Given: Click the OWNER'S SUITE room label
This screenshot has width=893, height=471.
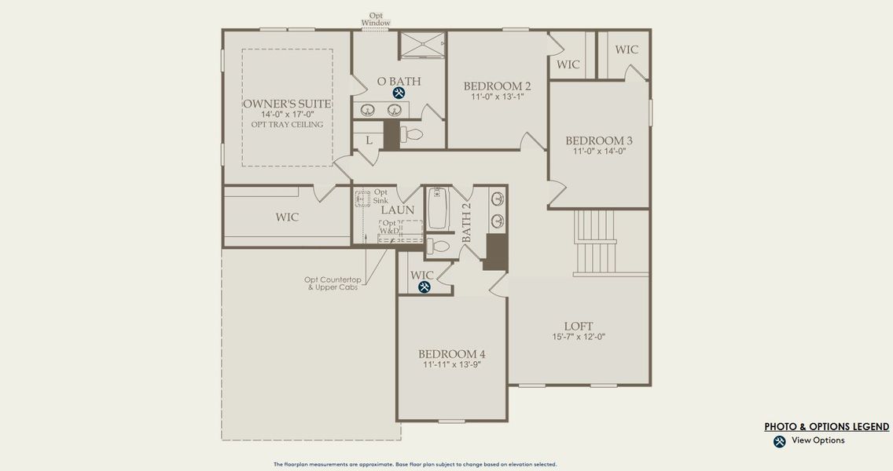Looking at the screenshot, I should [x=286, y=104].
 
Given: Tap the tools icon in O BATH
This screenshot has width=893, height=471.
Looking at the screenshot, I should [x=399, y=93].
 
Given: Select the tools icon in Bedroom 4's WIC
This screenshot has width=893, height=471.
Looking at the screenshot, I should [x=424, y=287].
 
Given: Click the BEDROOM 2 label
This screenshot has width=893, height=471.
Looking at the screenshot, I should [x=497, y=86].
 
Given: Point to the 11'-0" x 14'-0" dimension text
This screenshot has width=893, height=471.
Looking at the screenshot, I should [x=599, y=152].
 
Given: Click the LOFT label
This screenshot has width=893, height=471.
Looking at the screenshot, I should [x=578, y=327].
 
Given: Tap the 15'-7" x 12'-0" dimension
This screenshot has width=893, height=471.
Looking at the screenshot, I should [x=578, y=338].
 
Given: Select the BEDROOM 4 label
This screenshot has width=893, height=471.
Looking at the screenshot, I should [x=451, y=354].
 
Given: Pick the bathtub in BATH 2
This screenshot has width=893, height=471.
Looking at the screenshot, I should [x=438, y=208].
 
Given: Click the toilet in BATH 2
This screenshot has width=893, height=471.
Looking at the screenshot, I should [x=439, y=246].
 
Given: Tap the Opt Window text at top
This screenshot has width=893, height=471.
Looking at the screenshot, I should [x=376, y=19].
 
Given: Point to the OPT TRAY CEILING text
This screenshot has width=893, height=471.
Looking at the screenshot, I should [x=287, y=125].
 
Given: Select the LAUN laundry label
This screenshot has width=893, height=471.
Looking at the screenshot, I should [x=398, y=210].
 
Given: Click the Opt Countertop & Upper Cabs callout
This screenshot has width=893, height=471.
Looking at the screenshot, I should [x=332, y=283].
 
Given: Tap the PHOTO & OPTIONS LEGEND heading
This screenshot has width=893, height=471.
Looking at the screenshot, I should [x=826, y=427].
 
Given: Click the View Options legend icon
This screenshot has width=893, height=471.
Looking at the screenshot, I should [x=779, y=441].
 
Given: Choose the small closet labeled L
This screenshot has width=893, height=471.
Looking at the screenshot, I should [x=367, y=140].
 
